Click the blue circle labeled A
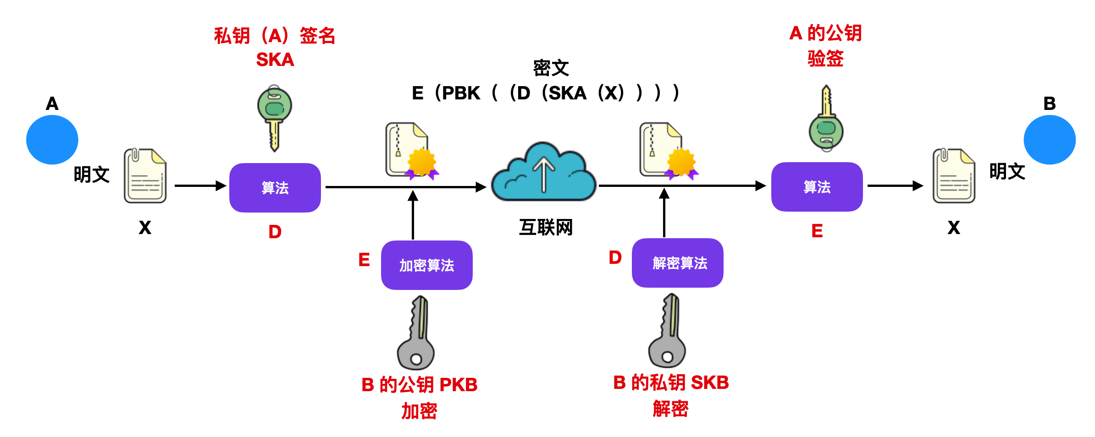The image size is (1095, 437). point(52,140)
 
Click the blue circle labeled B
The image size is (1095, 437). point(1049,140)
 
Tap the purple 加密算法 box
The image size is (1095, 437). point(426,265)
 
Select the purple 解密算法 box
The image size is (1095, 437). point(677,263)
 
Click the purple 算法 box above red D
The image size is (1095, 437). point(275,188)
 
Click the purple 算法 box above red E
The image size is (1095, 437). point(817,187)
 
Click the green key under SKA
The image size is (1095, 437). point(274,117)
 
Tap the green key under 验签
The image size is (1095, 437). point(826,119)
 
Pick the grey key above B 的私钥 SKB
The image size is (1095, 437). point(668,332)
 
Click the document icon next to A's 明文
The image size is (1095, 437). point(145,176)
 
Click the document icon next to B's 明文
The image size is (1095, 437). point(954,176)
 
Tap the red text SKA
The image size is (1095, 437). point(275,60)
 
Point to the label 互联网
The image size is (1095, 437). point(546,227)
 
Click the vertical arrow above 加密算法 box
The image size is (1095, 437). point(413,215)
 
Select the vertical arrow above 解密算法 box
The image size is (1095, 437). point(664,213)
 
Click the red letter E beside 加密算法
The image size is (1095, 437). point(364,260)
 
